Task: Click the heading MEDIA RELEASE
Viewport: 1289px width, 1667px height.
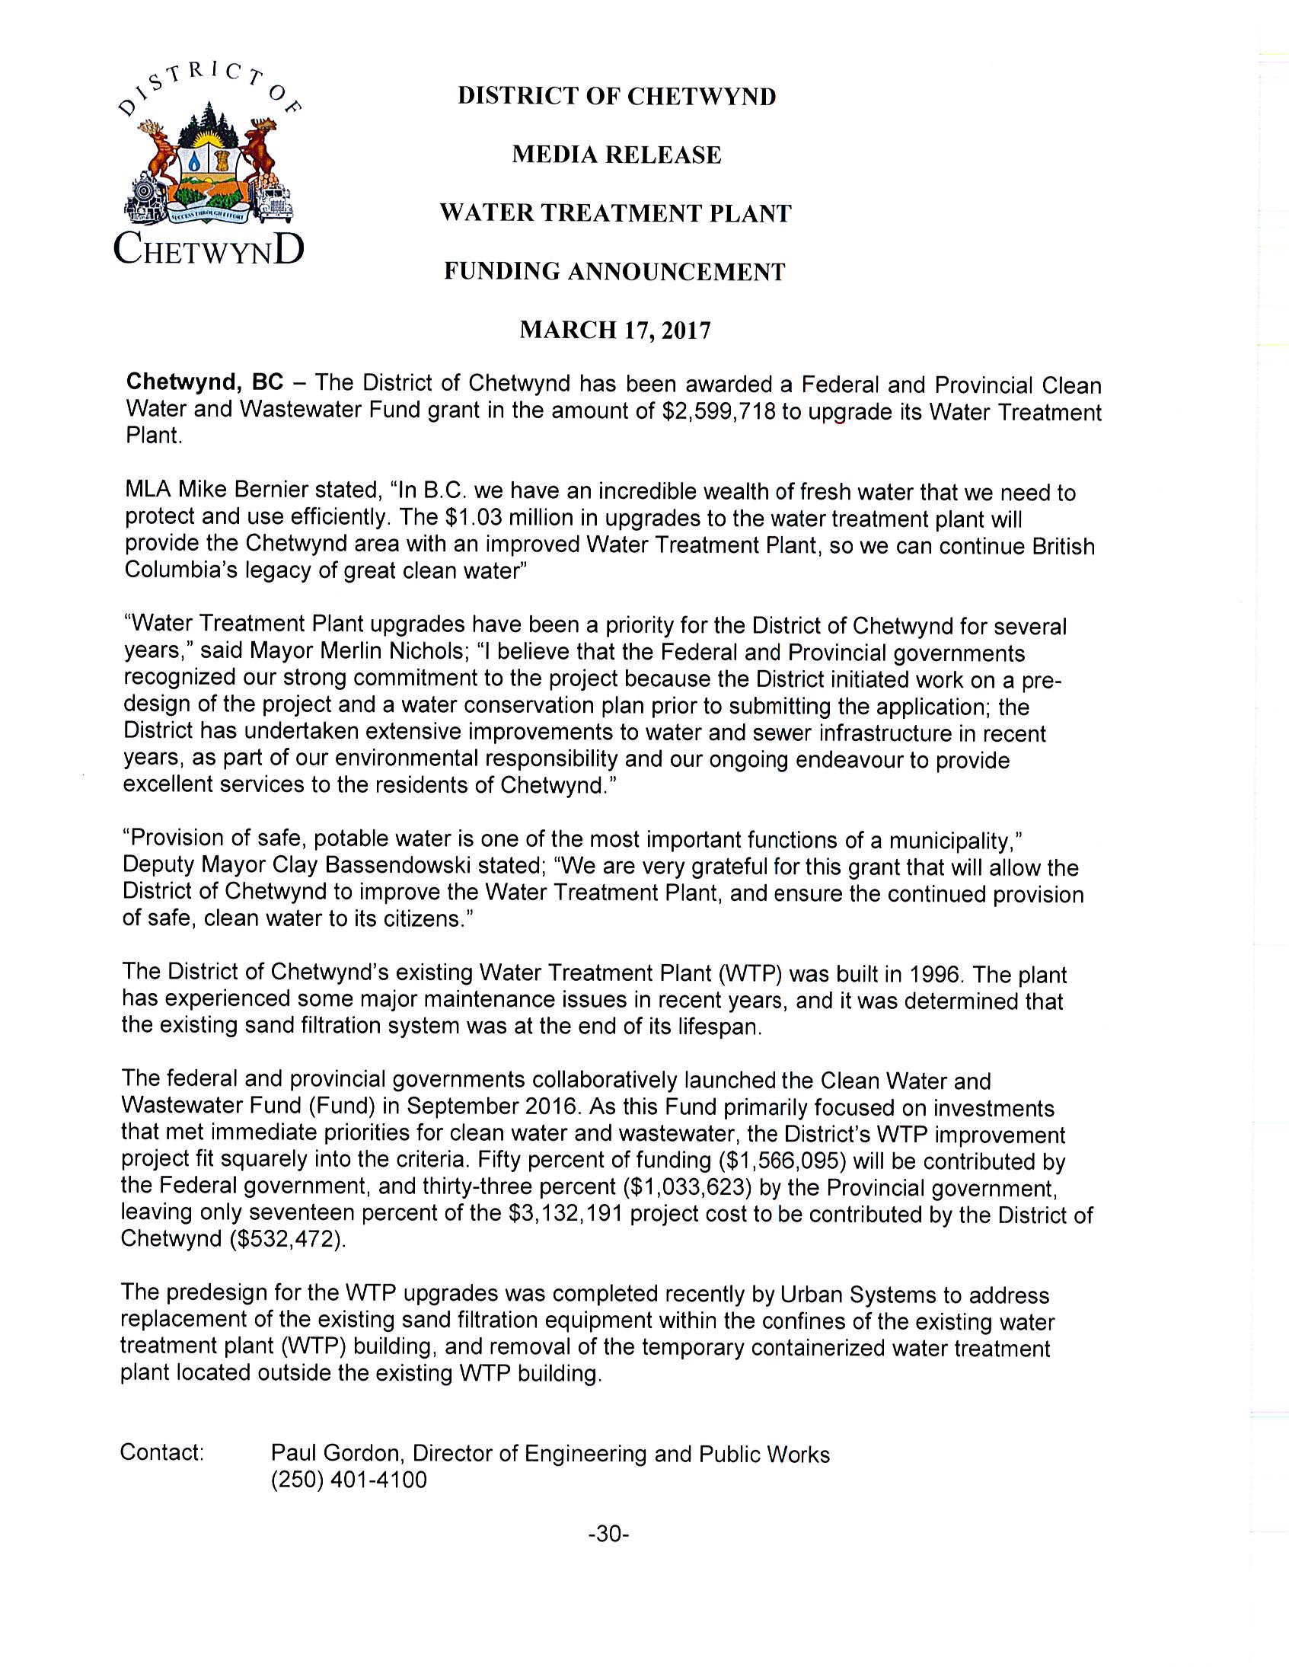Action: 616,155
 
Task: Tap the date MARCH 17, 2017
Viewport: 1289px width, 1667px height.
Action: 615,330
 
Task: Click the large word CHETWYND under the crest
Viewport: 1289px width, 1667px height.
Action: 209,250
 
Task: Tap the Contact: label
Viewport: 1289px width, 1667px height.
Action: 162,1451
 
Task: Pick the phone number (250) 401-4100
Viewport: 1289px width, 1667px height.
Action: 349,1480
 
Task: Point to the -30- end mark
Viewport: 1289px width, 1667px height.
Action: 608,1534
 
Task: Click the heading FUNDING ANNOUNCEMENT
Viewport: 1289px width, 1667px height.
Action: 614,272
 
